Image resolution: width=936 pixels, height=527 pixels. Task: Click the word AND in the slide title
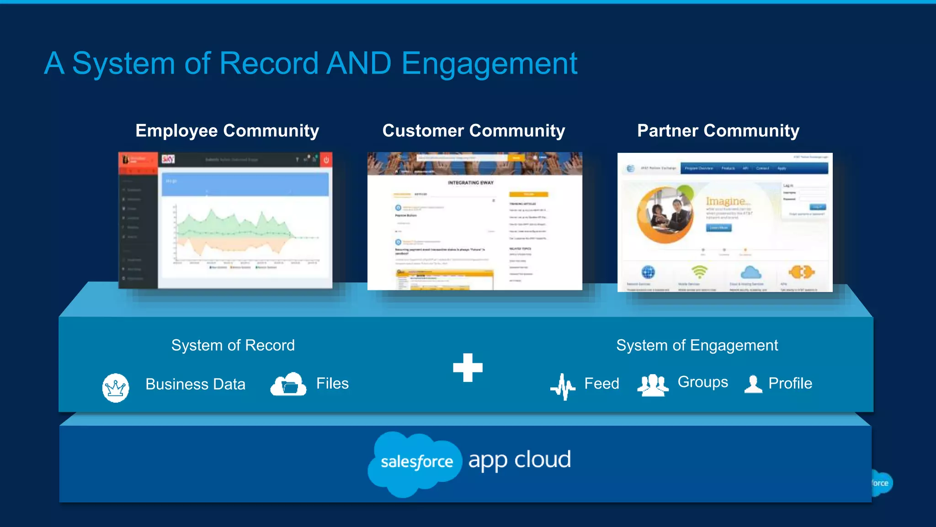pos(359,63)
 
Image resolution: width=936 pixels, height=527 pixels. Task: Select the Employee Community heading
pos(227,131)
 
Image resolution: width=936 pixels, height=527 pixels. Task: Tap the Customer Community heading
pos(473,131)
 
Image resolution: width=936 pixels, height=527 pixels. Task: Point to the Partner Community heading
pos(718,131)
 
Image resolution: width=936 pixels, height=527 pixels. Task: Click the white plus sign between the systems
pos(468,367)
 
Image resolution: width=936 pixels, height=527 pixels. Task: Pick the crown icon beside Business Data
pos(116,387)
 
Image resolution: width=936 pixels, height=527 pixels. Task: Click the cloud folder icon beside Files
pos(288,384)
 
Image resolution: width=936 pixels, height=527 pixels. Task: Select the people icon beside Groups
pos(653,385)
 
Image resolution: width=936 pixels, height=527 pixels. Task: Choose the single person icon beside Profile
pos(753,384)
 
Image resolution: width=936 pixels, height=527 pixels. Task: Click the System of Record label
pos(233,345)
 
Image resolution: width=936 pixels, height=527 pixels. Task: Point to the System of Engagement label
pos(697,345)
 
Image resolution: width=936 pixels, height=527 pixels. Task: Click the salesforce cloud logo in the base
pos(415,462)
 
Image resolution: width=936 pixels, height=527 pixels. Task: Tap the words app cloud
pos(520,460)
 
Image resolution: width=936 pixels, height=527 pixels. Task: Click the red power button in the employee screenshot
pos(326,160)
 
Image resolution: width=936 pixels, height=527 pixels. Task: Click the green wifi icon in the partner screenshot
pos(699,272)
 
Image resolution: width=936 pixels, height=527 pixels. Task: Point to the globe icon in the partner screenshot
pos(648,272)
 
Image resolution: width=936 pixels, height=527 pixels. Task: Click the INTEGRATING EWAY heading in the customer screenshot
pos(471,183)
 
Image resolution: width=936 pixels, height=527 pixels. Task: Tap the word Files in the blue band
pos(332,383)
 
